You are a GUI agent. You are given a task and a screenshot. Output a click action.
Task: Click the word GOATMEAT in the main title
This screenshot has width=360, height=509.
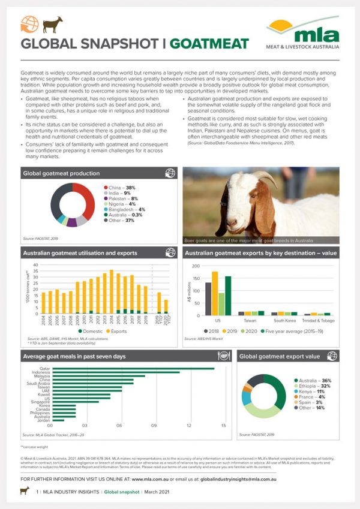209,44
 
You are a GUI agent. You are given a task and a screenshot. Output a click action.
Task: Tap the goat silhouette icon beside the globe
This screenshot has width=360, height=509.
52,25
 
